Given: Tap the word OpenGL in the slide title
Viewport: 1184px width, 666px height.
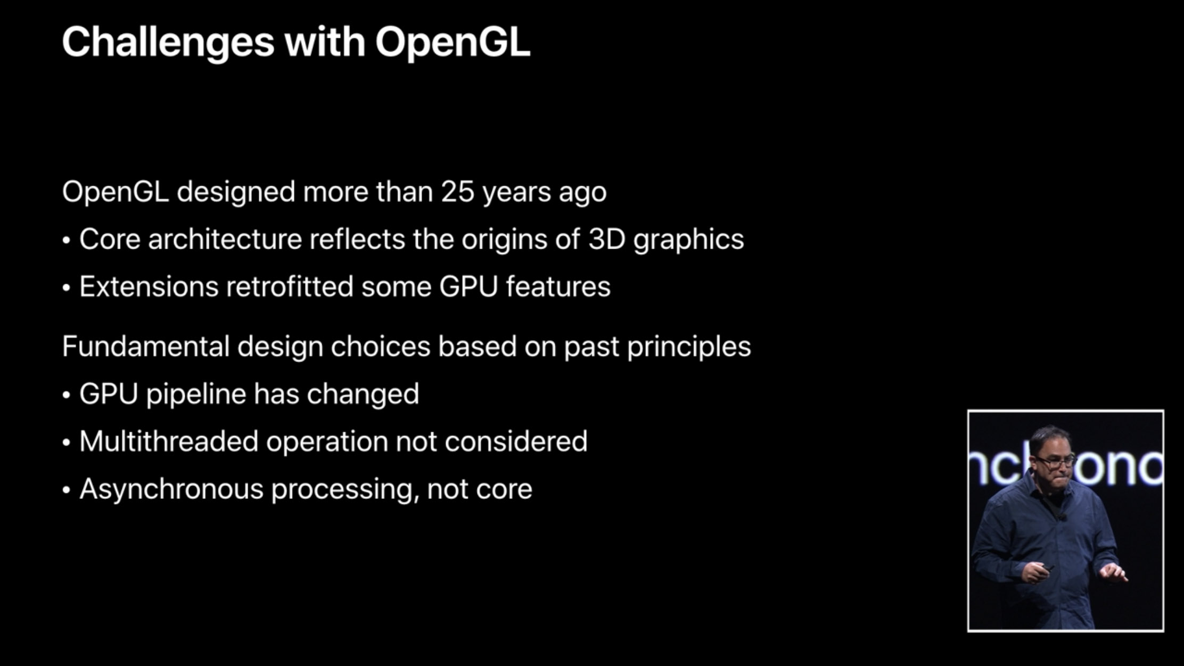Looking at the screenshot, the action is pyautogui.click(x=453, y=43).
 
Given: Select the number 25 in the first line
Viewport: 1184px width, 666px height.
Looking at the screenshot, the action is pyautogui.click(x=457, y=192).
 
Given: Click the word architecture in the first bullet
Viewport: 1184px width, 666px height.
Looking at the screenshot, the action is pyautogui.click(x=225, y=239).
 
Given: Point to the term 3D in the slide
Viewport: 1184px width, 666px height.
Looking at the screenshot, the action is pyautogui.click(x=606, y=239).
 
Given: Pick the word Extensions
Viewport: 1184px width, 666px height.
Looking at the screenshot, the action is pyautogui.click(x=149, y=286).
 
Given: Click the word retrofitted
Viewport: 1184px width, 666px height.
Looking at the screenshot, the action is pyautogui.click(x=290, y=286).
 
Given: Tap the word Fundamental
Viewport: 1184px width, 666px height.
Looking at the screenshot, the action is pyautogui.click(x=145, y=346).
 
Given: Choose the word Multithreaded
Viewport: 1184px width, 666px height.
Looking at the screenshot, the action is pyautogui.click(x=169, y=441).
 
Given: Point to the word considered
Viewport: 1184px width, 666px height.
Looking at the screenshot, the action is pyautogui.click(x=516, y=441).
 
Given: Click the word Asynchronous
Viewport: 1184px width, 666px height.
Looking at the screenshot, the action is pyautogui.click(x=171, y=490).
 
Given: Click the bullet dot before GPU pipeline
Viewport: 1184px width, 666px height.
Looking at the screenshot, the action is pyautogui.click(x=66, y=396).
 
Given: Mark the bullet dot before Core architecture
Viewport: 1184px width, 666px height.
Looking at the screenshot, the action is pyautogui.click(x=66, y=241).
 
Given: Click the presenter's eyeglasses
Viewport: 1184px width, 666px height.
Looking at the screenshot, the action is pyautogui.click(x=1054, y=461).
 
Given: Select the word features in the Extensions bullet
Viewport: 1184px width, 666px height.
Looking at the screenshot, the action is pyautogui.click(x=558, y=286).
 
